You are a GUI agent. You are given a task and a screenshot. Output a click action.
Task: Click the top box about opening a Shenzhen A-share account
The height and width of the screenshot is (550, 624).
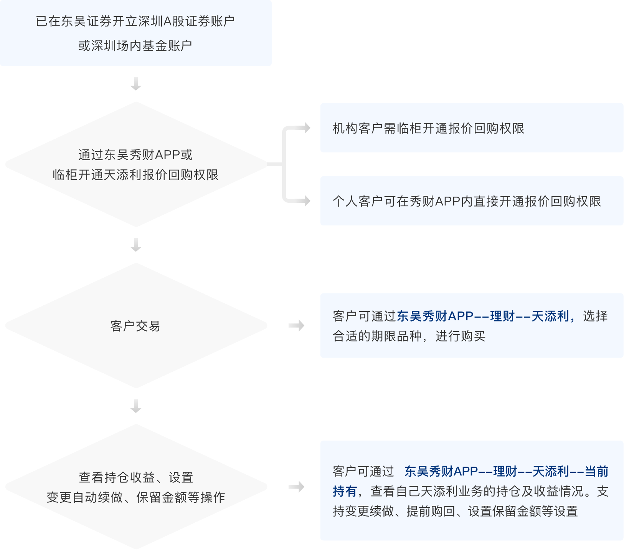pos(136,33)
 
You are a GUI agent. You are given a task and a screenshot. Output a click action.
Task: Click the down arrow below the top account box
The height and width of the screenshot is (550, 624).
pos(136,84)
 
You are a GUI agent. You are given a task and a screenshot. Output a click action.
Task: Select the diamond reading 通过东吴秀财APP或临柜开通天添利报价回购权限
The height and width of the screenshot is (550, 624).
pos(136,164)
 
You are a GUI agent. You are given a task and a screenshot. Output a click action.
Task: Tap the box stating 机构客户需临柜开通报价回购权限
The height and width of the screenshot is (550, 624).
pos(472,128)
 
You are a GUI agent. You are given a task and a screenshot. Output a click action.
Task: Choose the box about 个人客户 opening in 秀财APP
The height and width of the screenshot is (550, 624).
pos(472,201)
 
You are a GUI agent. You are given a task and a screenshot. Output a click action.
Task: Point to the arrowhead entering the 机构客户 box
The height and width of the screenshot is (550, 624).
pos(307,128)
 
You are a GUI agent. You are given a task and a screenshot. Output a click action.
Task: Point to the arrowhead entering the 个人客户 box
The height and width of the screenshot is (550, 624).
pos(307,200)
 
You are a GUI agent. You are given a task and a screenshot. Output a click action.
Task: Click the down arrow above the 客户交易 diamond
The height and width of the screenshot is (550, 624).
pos(136,245)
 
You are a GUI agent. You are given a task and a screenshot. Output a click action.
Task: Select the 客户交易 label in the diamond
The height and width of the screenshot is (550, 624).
pos(135,326)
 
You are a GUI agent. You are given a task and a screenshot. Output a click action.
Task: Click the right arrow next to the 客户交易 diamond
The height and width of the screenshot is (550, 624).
pos(296,326)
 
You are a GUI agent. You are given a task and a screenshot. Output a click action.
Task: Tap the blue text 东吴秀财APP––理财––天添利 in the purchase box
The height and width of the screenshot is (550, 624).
pos(483,316)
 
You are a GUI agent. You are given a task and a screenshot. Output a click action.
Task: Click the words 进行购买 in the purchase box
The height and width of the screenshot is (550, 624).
pos(461,336)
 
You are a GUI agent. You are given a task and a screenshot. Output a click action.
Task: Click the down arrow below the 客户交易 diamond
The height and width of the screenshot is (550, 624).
pos(136,406)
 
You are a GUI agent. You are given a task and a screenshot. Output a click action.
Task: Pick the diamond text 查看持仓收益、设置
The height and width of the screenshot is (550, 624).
pos(136,477)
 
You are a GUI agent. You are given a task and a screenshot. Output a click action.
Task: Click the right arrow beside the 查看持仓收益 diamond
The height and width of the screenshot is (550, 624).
pos(296,487)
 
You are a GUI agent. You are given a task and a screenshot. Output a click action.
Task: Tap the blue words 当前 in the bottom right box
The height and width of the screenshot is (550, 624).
pos(597,471)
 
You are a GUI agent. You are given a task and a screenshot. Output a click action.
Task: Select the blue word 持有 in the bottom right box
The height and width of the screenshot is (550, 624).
pos(345,491)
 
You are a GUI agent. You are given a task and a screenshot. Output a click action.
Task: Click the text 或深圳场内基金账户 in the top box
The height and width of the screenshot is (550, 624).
pos(135,46)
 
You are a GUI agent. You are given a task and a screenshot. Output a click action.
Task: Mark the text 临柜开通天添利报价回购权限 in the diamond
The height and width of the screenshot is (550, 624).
pos(135,175)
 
